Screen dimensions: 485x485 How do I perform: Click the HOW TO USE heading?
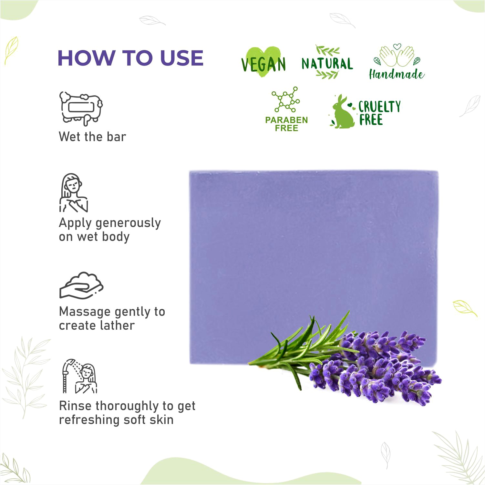[x=130, y=58]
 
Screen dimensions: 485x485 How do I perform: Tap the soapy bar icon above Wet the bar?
[x=81, y=108]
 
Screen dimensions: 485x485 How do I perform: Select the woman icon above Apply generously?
[x=74, y=193]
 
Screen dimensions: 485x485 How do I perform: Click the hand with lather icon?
[x=81, y=285]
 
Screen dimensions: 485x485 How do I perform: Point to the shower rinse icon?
[x=80, y=376]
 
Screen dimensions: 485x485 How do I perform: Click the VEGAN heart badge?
[x=263, y=63]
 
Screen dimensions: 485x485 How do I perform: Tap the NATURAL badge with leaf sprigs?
[x=327, y=62]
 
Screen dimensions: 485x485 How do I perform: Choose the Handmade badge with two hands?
[x=397, y=62]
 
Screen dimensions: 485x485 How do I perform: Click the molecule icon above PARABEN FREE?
[x=286, y=99]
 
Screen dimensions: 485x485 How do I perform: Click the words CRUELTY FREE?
[x=380, y=113]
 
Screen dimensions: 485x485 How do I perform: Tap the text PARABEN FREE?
[x=286, y=124]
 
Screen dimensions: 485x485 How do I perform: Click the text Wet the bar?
[x=92, y=137]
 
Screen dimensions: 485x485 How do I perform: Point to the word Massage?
[x=85, y=312]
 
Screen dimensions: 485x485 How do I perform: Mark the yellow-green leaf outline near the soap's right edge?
[x=464, y=308]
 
